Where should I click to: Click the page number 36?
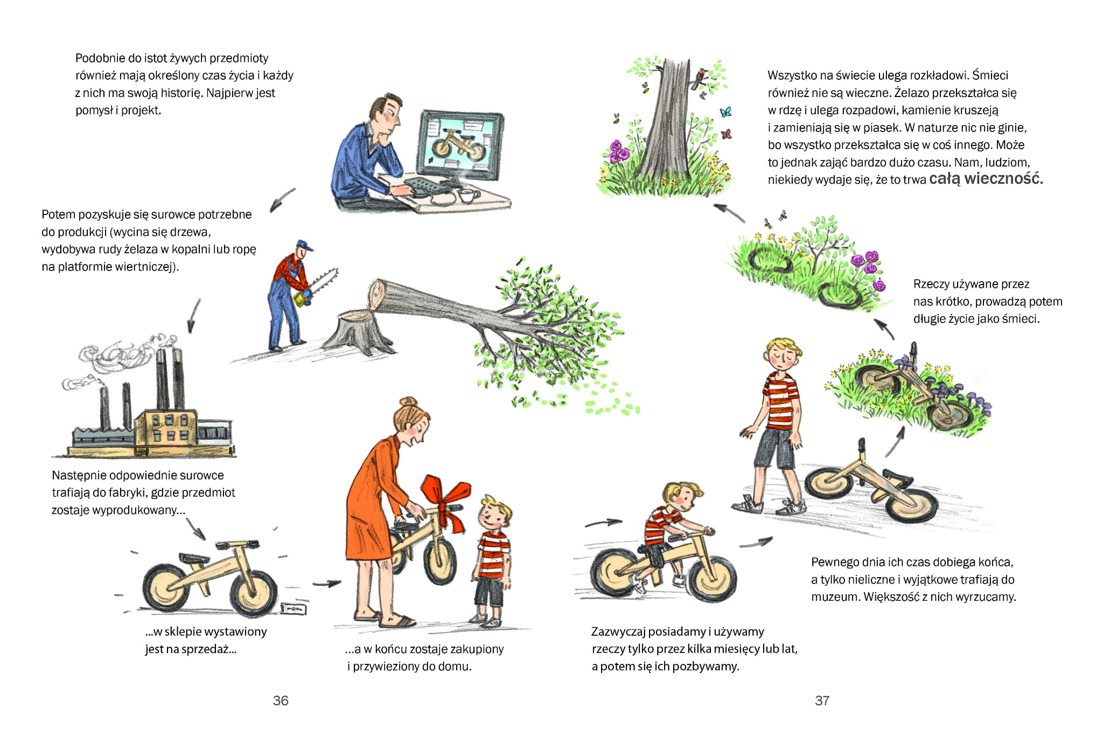281,701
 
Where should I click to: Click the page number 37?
822,701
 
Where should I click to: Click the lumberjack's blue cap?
305,245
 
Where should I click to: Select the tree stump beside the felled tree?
355,331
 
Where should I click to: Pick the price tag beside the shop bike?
294,608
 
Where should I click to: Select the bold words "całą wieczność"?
986,179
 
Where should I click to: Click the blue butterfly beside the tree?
725,112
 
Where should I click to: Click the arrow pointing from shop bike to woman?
326,583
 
